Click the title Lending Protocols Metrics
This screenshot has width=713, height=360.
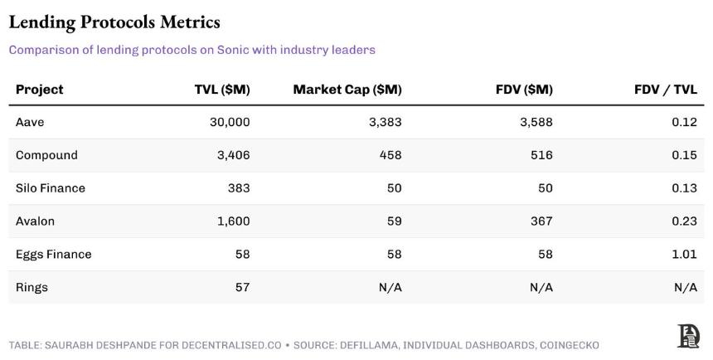[114, 22]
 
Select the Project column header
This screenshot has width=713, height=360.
[40, 90]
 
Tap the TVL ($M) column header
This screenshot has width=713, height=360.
[222, 90]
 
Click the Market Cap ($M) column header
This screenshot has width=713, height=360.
[347, 90]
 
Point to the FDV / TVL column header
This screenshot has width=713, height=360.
[666, 90]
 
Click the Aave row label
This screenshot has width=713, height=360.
[30, 122]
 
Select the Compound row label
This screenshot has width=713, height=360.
[46, 155]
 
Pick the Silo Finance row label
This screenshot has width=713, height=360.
[51, 188]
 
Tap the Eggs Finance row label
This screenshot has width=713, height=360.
[54, 255]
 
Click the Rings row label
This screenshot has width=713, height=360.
[32, 288]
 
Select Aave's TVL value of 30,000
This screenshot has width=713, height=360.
[230, 122]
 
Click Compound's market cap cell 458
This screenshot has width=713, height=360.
[390, 155]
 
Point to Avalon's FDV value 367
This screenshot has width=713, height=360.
[541, 221]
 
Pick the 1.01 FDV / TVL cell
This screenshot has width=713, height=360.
[684, 254]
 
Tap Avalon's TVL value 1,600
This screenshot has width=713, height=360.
[233, 221]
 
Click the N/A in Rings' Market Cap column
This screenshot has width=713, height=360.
[390, 287]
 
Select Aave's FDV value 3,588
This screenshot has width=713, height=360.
[536, 122]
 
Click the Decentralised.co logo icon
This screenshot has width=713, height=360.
[688, 336]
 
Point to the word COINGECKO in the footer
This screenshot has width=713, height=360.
[570, 345]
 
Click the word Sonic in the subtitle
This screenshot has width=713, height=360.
[232, 50]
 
